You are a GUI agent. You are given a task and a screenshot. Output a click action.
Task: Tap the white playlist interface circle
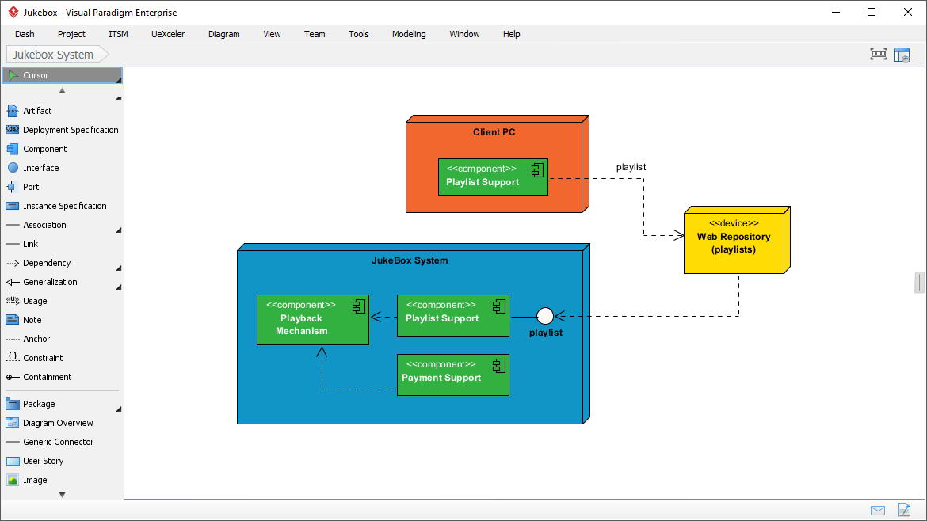coord(545,316)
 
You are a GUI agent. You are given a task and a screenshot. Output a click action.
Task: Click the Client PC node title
coord(494,132)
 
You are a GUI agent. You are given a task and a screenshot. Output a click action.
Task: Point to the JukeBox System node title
coord(410,260)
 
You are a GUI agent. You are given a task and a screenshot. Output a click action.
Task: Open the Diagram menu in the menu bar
coord(223,34)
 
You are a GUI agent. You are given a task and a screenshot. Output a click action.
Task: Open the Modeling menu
coord(409,34)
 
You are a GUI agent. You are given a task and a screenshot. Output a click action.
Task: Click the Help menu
coord(511,34)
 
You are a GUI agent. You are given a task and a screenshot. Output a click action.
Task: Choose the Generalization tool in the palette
coord(50,282)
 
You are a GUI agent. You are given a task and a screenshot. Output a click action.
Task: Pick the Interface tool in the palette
coord(40,168)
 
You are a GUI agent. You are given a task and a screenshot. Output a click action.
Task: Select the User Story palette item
coord(43,461)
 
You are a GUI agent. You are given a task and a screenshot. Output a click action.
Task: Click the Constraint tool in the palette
coord(43,358)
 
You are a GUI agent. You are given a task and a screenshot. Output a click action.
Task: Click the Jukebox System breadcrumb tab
coord(53,55)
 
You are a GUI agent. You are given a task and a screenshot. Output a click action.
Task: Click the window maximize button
coord(872,12)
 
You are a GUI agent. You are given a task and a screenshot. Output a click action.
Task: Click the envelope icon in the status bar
coord(878,510)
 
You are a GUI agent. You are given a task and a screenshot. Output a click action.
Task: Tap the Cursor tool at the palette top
coord(36,75)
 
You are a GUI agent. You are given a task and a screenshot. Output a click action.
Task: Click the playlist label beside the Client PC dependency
coord(631,167)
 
